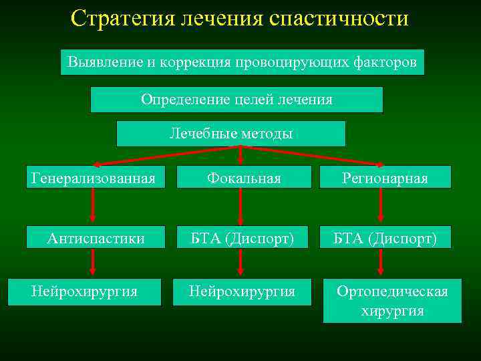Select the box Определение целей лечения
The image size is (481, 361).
(x=236, y=100)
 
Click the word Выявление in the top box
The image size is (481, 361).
(x=105, y=62)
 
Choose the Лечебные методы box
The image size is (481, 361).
(x=231, y=134)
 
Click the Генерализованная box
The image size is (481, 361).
(x=94, y=178)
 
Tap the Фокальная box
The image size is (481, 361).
(x=244, y=178)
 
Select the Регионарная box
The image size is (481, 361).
(x=385, y=178)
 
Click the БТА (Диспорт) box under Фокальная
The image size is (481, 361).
(x=243, y=238)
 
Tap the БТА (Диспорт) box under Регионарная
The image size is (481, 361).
(x=385, y=238)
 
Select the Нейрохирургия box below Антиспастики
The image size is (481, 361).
(x=84, y=291)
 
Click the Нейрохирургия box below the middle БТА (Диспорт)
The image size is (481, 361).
(x=242, y=291)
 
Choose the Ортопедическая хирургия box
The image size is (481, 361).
(x=392, y=301)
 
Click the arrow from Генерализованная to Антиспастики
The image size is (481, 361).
(x=93, y=207)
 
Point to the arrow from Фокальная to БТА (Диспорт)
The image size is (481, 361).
(x=240, y=207)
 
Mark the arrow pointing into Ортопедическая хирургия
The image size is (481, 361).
(x=381, y=263)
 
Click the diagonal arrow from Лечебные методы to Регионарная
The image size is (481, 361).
(x=314, y=155)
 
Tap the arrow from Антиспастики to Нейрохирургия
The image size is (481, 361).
(x=93, y=263)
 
